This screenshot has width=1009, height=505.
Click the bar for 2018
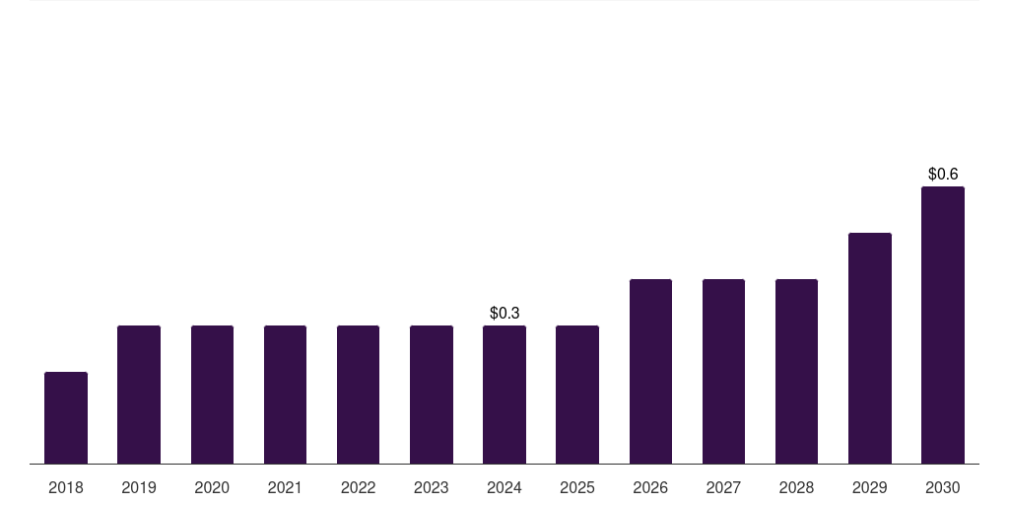pos(66,417)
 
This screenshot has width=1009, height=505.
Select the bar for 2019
pos(139,395)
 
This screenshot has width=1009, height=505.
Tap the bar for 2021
pos(285,395)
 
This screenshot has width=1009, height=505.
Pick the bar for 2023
pos(432,395)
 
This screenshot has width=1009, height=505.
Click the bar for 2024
pos(504,395)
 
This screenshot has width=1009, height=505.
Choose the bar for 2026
pos(650,371)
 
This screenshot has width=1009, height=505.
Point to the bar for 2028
pos(796,371)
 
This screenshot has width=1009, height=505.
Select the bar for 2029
pos(870,348)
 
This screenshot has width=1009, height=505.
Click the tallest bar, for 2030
pos(943,325)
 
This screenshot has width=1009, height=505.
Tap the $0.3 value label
pos(504,313)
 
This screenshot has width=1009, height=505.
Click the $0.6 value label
pos(943,174)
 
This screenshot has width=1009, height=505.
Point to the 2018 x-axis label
pos(66,487)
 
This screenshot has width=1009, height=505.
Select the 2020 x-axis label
pos(212,487)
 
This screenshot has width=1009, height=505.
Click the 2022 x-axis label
pos(358,487)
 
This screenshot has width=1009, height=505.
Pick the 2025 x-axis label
pos(577,487)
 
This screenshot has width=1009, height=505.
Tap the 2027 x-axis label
pos(723,487)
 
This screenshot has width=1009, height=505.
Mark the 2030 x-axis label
pos(943,487)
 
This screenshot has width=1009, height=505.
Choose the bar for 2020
pos(213,395)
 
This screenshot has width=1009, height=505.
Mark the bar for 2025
pos(577,395)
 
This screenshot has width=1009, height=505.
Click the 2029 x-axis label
pos(870,487)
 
